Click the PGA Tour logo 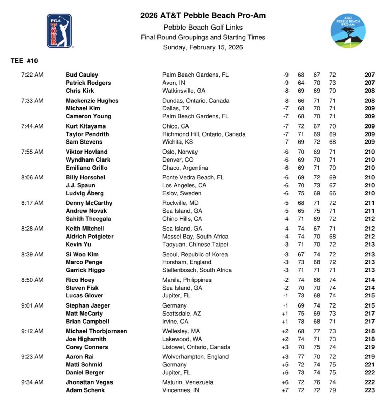(59, 31)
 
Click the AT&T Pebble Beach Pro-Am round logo (348, 31)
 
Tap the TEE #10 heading (24, 61)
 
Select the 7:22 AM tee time (32, 75)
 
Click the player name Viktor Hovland (86, 152)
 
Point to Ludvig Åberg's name (85, 193)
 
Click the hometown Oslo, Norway (180, 152)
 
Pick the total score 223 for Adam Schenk (369, 390)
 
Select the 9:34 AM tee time (32, 382)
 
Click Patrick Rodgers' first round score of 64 (301, 83)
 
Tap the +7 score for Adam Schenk (285, 390)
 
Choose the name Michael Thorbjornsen (96, 331)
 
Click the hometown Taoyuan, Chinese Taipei (195, 244)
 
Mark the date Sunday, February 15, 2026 (203, 47)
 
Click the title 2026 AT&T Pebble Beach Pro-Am (203, 15)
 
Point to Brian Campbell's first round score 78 (301, 322)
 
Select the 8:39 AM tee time (32, 254)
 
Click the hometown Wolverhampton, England (195, 357)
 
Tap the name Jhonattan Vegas (89, 382)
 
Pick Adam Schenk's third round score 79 (332, 390)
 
